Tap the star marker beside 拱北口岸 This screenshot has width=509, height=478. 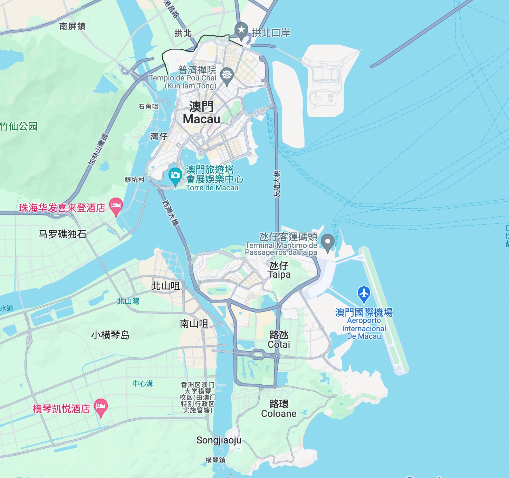point(241,30)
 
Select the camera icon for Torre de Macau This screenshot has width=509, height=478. point(175,175)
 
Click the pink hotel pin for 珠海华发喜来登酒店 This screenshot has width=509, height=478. point(116,206)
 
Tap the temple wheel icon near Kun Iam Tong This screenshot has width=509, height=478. point(227,75)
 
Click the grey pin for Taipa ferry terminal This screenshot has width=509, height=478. point(327,241)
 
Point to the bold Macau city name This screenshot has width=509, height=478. point(202,113)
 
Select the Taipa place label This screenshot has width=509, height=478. point(279,270)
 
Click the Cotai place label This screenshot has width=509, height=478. point(279,340)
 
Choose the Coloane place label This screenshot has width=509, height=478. point(279,409)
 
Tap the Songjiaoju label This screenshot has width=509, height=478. point(219,440)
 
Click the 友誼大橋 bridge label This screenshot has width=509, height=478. point(277,184)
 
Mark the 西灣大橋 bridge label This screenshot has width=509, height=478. point(171,213)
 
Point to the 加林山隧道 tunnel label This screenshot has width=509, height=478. point(98,149)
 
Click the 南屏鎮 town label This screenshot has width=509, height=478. point(72,26)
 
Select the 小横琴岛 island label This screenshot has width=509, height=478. point(110,335)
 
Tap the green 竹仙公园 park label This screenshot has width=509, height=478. point(19,126)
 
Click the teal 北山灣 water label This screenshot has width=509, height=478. point(128,301)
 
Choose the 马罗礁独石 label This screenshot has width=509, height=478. point(63,234)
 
